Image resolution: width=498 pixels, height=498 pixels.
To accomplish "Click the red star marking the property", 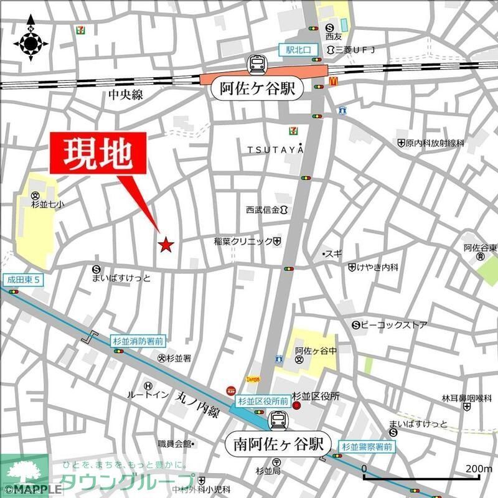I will point(166,245).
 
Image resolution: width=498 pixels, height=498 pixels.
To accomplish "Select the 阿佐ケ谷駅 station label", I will point(257,89).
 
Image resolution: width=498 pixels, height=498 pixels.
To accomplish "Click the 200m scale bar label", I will point(477,468).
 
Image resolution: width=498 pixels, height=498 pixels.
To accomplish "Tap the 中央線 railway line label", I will point(126,95).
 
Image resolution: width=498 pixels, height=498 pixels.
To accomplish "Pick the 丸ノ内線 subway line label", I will point(198,403).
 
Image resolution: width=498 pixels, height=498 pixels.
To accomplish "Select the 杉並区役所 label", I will point(316,396).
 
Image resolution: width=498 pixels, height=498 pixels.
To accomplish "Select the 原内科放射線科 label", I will point(435,143).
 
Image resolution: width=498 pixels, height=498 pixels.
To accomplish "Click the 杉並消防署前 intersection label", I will point(138,341).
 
